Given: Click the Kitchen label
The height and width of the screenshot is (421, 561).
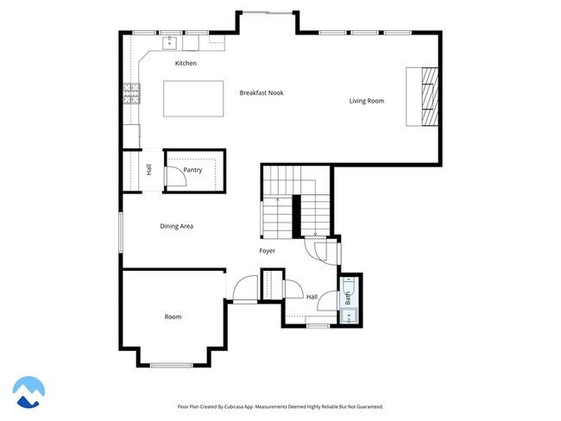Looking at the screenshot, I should pos(186,64).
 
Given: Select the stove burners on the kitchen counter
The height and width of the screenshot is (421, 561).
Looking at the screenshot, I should pos(132,93).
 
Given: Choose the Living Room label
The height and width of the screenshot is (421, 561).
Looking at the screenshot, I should pos(366,101).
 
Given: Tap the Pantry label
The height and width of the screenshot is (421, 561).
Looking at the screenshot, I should pos(192,170).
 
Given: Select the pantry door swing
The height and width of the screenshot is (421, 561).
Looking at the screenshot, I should pos(173,175).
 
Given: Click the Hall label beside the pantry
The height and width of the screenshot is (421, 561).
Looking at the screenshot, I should pos(148,170).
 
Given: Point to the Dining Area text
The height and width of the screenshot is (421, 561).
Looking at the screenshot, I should pos(176,226).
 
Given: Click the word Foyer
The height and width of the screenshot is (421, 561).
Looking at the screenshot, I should pos(268,251).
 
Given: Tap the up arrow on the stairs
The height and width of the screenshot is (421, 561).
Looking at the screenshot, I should pos(277,202).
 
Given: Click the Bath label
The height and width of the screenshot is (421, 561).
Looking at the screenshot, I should pos(348,299).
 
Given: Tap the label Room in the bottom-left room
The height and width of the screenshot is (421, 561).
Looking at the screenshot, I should pos(173,317).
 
